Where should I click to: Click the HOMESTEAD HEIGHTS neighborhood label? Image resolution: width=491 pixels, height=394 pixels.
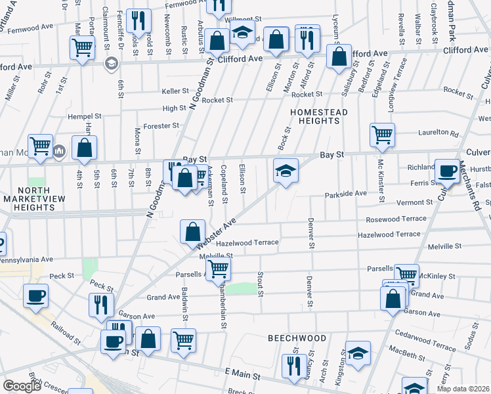pos(319,116)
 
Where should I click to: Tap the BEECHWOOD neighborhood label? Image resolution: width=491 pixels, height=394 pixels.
pos(297,338)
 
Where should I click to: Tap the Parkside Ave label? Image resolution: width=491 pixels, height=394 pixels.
pos(346,194)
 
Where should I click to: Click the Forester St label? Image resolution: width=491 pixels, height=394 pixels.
pos(162,125)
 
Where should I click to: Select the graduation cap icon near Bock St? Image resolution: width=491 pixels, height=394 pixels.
pos(286,171)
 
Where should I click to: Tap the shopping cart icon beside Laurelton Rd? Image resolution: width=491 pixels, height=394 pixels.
pos(382,135)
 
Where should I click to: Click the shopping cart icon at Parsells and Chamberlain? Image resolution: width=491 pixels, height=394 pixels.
pos(218,268)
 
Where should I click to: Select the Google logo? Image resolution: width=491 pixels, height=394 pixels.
pos(22,385)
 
